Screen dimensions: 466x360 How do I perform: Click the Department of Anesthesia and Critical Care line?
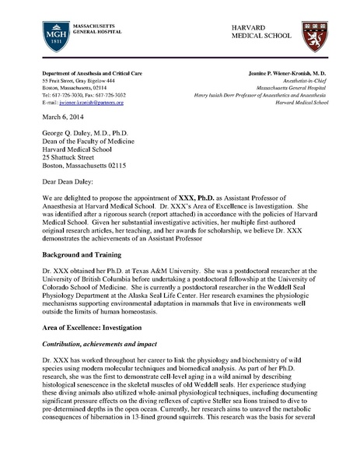click(x=90, y=73)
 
